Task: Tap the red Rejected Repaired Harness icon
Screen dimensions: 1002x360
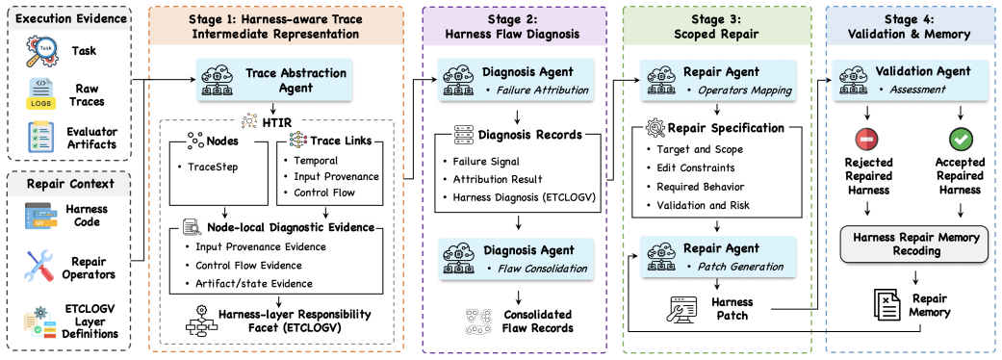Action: (866, 139)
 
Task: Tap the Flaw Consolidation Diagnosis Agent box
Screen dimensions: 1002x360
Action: (516, 257)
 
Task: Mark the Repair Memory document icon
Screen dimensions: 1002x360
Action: (886, 307)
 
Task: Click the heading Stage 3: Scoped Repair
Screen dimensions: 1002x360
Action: (717, 27)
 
